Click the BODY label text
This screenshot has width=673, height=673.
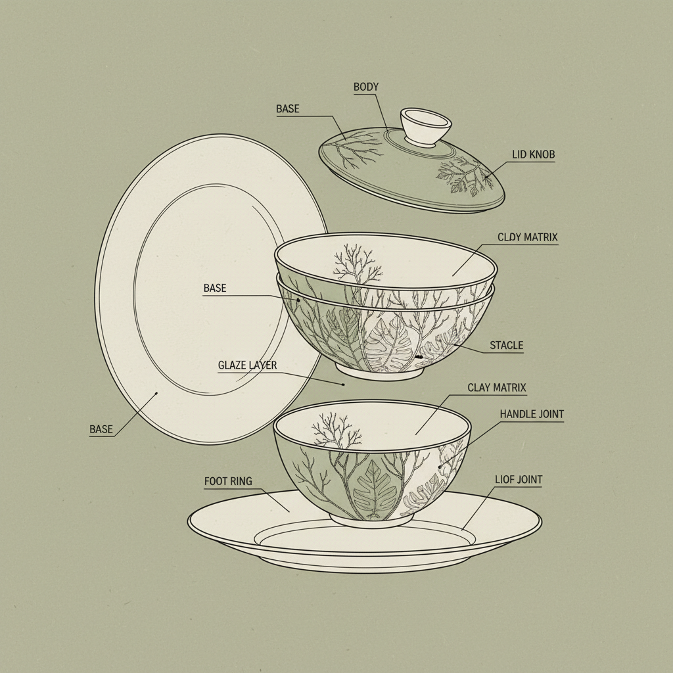pos(366,87)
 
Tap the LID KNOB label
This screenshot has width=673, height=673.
pos(534,154)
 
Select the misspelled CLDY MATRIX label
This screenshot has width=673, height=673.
pos(528,237)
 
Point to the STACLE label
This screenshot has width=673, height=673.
pos(507,345)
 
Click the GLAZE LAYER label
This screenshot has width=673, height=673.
pos(248,365)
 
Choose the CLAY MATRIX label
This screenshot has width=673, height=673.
pos(497,388)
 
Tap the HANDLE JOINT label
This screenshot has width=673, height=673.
pos(532,414)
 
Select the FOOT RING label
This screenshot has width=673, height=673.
pos(228,482)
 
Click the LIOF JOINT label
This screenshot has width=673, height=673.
pos(519,480)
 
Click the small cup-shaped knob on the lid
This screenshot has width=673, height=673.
pos(427,126)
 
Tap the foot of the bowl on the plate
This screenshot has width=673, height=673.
pos(371,519)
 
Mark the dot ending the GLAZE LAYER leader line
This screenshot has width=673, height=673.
pos(342,384)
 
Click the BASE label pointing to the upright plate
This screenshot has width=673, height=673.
pos(101,429)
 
